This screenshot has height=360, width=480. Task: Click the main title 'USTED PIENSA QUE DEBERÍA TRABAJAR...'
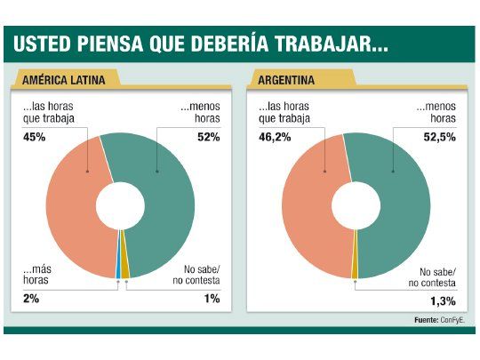199,44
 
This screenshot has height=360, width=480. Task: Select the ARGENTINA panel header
287,80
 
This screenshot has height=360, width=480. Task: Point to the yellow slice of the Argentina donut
355,258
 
